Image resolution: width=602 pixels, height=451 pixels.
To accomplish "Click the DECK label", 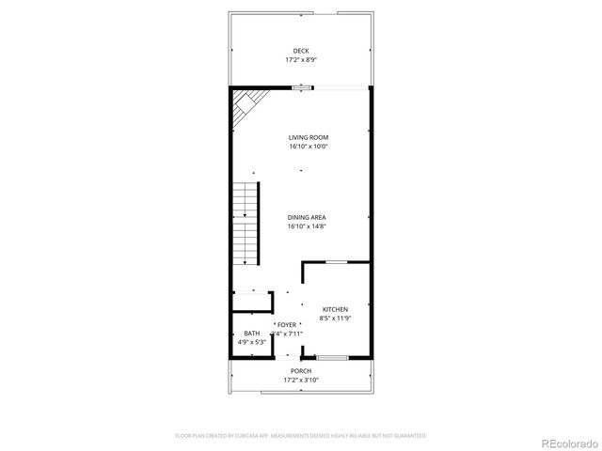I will point(301,51).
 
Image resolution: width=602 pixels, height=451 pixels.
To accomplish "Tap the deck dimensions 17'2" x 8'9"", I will point(301,59).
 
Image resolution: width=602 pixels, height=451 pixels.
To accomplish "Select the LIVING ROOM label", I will point(301,138).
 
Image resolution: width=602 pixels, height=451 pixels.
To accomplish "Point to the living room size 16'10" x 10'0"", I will point(301,147).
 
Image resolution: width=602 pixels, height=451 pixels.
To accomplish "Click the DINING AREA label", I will point(301,217).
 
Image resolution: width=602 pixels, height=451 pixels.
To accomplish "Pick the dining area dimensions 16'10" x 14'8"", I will point(301,225).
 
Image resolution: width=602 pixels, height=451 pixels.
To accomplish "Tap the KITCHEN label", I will point(336,309).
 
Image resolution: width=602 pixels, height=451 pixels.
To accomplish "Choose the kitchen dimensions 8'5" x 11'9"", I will point(336,318).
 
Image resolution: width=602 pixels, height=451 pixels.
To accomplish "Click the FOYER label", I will point(287,324).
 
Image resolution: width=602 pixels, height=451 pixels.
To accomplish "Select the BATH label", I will point(252,334).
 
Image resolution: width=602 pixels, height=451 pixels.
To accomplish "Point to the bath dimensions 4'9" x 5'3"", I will point(252,342).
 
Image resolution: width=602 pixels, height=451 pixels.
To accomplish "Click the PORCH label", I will point(301,371).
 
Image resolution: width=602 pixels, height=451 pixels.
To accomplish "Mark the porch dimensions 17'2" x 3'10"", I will point(301,380).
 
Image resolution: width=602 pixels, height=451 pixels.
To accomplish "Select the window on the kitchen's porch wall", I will point(333,357).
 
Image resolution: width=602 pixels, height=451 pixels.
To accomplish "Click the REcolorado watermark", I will point(565,443).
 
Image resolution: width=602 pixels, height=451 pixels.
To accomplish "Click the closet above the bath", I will point(252,302).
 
